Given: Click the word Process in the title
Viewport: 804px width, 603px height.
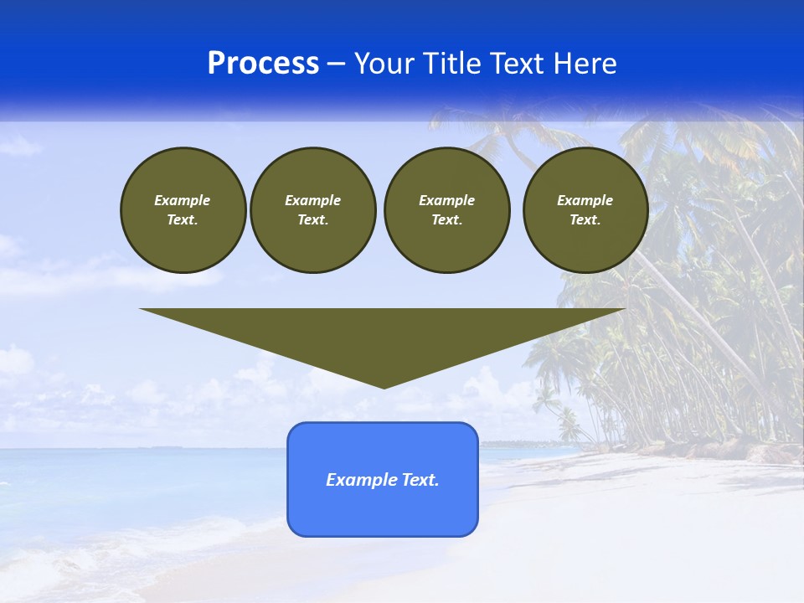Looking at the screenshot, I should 263,64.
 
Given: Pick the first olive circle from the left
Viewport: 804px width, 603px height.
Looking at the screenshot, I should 183,210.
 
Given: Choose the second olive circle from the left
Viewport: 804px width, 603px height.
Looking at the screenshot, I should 312,210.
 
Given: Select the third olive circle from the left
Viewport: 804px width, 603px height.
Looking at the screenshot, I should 446,210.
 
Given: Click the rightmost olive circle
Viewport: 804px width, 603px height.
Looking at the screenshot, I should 585,210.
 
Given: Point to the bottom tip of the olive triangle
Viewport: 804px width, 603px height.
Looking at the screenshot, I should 384,387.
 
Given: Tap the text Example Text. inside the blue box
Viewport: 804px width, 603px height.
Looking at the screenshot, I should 383,480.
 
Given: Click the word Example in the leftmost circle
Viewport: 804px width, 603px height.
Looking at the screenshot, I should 183,200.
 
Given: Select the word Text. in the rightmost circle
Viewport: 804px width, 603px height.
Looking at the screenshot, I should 585,220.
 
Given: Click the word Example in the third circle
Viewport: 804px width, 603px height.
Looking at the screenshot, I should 446,200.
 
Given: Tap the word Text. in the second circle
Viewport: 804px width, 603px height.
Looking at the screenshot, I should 312,220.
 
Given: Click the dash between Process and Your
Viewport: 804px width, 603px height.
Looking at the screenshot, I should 337,64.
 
